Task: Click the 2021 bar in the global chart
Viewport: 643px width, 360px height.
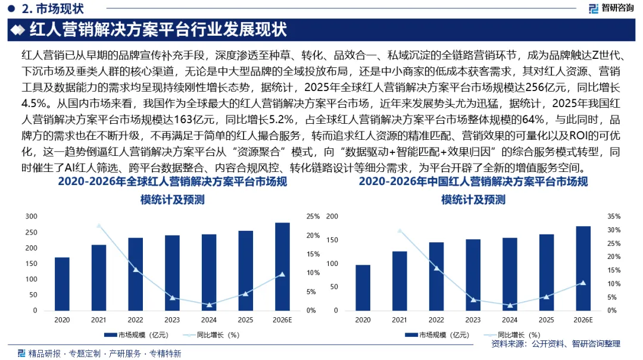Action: point(99,277)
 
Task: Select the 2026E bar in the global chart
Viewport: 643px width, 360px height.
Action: point(282,266)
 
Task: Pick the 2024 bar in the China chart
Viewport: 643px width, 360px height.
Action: point(510,274)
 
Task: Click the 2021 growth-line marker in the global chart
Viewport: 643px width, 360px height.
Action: point(99,226)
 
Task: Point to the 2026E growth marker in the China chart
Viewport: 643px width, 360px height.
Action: point(583,283)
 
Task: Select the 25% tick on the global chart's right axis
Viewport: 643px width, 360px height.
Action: point(313,217)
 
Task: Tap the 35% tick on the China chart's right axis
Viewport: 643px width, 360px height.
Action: point(614,217)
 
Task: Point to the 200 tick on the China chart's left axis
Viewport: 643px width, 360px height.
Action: point(333,217)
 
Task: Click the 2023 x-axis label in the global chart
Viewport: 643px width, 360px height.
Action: point(172,320)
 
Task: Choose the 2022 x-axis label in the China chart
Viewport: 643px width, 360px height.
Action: point(436,320)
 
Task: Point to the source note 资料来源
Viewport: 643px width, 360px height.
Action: point(555,344)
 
